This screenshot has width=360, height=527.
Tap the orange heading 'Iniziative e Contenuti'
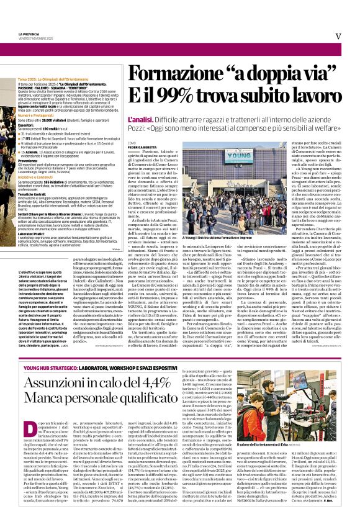pyautogui.click(x=37, y=176)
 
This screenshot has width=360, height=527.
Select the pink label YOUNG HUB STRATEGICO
pyautogui.click(x=47, y=368)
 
